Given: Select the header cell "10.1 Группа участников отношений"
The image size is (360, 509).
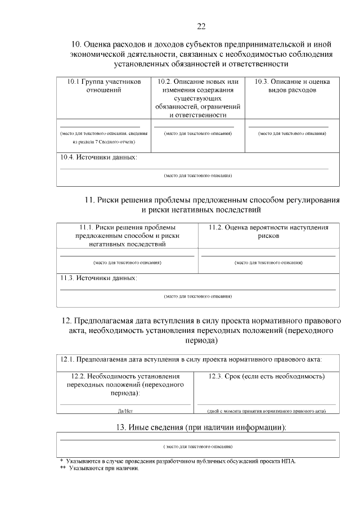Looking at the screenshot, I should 103,85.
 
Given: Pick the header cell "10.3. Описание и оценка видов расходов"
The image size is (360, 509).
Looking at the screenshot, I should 292,85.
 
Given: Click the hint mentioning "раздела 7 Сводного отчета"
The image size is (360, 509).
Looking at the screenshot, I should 103,138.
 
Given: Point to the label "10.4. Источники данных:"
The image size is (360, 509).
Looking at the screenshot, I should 98,157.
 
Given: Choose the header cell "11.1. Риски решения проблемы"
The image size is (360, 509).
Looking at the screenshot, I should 127,236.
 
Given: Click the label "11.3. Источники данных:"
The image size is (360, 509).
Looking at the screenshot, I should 98,278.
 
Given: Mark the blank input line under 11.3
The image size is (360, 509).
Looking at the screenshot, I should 197,289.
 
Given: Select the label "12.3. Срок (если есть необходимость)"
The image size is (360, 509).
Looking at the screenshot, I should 267,376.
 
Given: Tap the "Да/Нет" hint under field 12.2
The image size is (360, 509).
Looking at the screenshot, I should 125,411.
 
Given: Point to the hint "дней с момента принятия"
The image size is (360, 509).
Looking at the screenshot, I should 267,411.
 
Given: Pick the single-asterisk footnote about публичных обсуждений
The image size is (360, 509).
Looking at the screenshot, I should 180,461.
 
